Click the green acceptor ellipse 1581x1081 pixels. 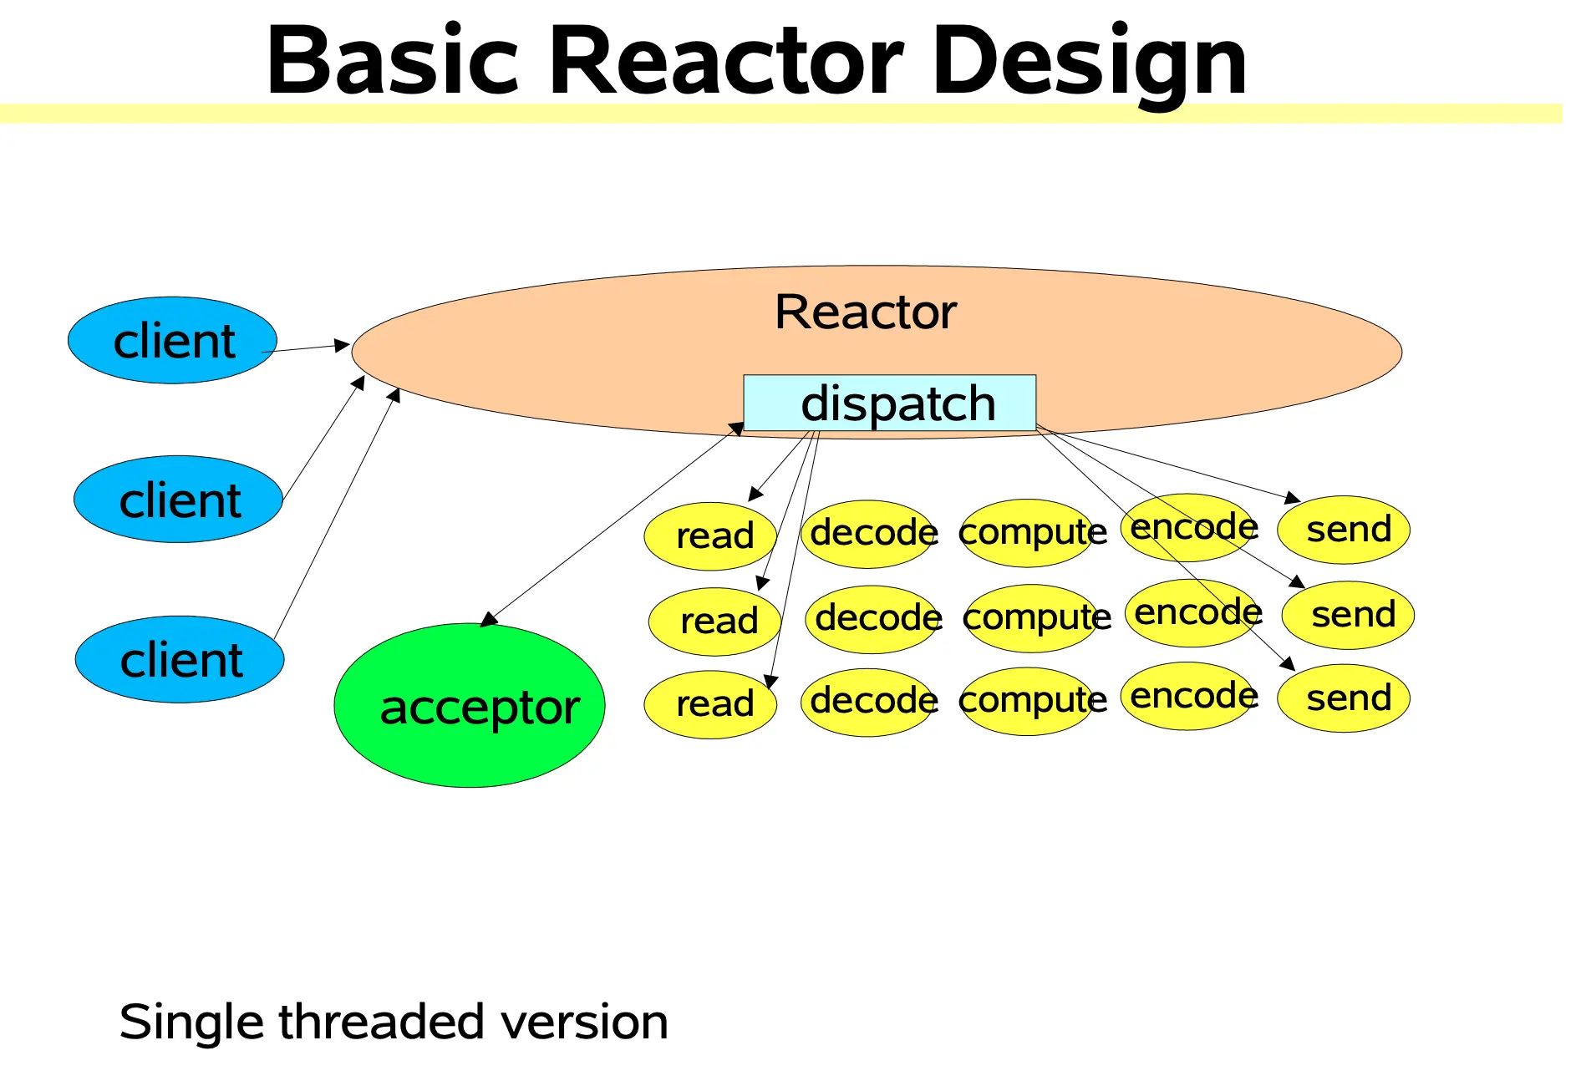point(469,705)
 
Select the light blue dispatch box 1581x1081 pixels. point(889,403)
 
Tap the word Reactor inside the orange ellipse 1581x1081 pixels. point(865,312)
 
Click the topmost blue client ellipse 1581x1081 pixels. point(172,341)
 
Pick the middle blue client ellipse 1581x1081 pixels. point(178,500)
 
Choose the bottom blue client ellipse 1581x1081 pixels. point(180,660)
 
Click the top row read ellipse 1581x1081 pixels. point(710,535)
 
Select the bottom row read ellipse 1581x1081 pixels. point(710,704)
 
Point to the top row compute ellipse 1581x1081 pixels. point(1028,533)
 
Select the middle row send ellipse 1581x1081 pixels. point(1348,616)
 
